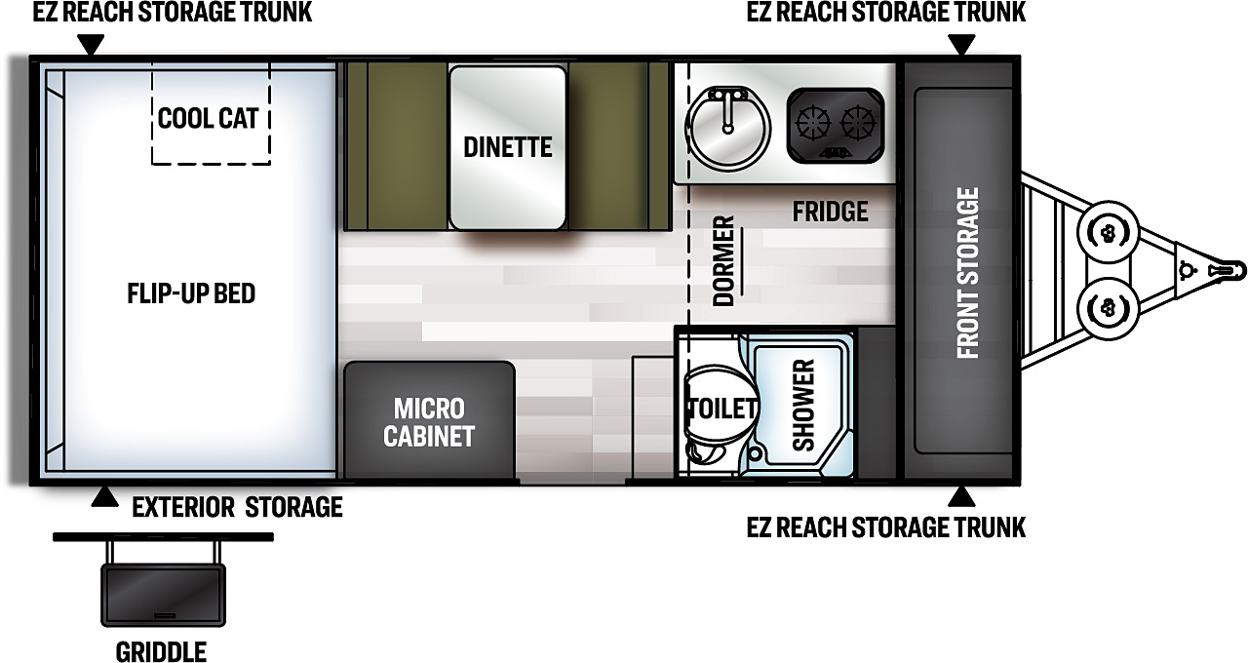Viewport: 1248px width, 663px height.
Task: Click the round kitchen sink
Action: [x=727, y=128]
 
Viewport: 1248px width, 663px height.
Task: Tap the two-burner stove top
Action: [x=836, y=126]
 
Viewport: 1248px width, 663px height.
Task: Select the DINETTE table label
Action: [x=508, y=147]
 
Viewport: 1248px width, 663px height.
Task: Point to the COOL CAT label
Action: [x=209, y=118]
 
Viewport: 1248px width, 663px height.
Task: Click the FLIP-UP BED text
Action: [x=191, y=293]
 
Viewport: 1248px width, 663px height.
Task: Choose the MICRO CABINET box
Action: [x=429, y=419]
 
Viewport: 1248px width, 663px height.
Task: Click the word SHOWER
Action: [x=803, y=405]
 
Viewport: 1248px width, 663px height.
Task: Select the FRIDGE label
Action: [x=830, y=212]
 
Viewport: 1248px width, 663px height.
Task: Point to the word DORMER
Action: [x=723, y=260]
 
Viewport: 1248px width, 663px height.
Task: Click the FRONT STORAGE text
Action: [x=968, y=273]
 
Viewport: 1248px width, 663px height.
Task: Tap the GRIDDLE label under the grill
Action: [x=161, y=652]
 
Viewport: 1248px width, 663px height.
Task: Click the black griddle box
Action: [x=163, y=595]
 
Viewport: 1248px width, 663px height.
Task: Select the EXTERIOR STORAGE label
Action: [x=237, y=508]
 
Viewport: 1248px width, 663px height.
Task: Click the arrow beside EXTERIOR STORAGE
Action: [x=104, y=497]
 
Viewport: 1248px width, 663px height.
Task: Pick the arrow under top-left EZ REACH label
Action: [x=91, y=45]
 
